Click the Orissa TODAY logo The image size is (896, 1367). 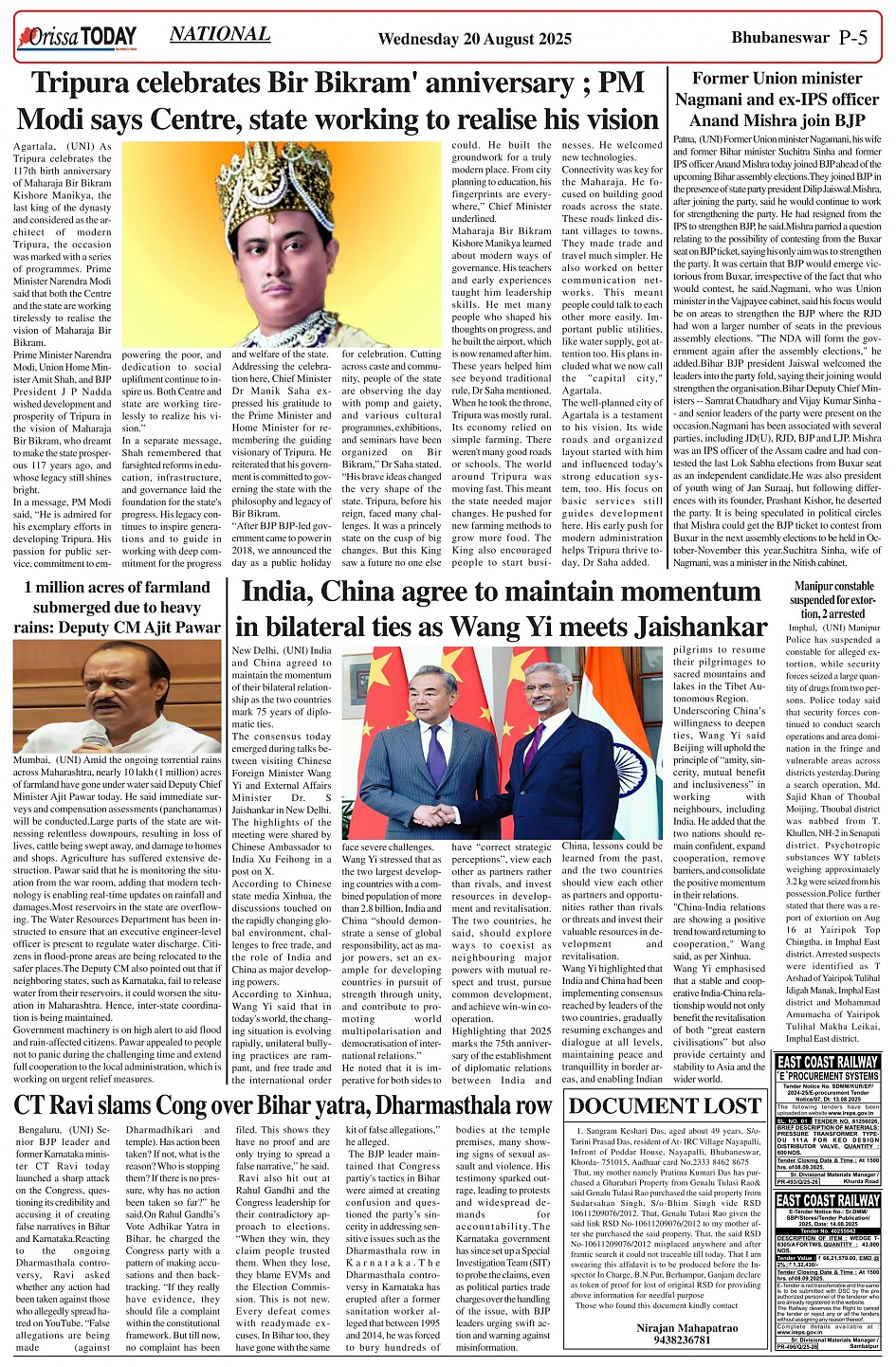click(77, 37)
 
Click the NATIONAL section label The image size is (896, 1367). click(219, 34)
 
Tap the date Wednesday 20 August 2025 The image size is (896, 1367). click(474, 39)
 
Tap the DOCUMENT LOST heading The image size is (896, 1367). click(666, 1105)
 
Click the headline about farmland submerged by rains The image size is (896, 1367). click(118, 607)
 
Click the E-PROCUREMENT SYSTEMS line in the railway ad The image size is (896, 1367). click(828, 1076)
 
